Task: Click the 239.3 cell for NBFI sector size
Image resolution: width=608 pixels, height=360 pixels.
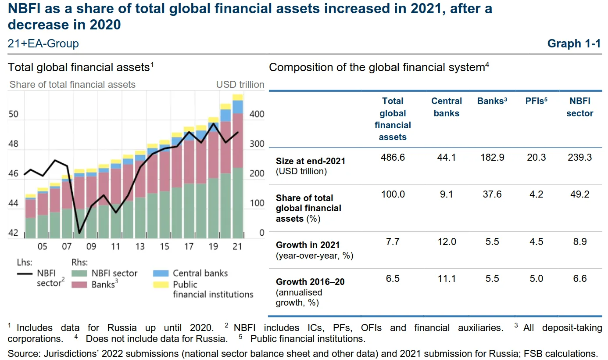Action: pos(579,157)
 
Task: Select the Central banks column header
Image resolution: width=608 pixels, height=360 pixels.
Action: pos(447,107)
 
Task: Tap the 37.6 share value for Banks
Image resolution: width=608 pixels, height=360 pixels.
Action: pos(492,194)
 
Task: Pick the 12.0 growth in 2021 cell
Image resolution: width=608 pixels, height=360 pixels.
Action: pos(447,241)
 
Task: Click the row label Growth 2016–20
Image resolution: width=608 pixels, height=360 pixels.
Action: pos(310,282)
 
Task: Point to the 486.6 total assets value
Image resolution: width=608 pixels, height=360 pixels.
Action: pos(393,157)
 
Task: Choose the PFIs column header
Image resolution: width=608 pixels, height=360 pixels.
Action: pos(536,101)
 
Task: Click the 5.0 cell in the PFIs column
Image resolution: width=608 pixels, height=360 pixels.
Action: pos(536,278)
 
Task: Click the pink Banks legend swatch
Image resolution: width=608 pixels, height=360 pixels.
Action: pos(79,284)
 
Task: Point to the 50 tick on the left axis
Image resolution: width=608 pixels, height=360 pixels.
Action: pos(14,115)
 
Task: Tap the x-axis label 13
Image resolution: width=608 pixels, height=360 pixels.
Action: pos(140,247)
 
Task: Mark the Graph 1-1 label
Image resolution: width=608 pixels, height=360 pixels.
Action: pos(574,43)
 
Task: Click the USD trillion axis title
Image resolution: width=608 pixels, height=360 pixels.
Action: pos(240,84)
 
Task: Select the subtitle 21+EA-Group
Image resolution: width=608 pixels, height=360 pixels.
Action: pos(43,43)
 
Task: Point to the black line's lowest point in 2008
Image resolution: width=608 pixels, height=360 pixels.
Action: pos(79,233)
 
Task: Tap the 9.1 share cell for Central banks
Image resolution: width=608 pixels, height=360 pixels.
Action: pos(447,194)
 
